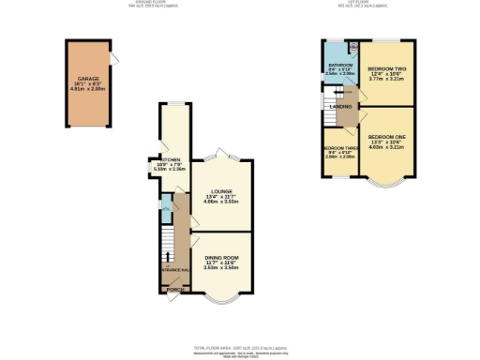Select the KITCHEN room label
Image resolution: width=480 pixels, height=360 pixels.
169,160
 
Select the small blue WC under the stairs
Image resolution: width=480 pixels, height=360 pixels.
165,204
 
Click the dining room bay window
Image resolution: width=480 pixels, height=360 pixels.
222,299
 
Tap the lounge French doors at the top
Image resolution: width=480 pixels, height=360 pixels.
222,155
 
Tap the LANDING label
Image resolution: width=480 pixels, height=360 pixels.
342,107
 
